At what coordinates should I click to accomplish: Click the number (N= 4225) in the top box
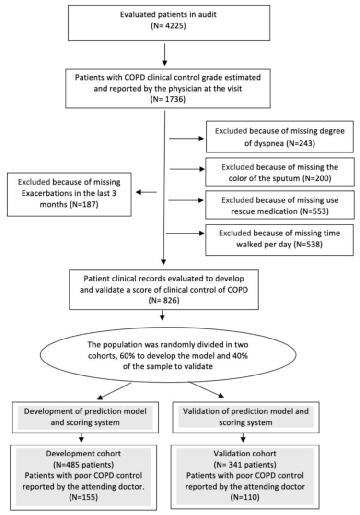168,25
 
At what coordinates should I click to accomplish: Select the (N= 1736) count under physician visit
168,99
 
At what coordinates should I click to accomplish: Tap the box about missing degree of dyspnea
279,137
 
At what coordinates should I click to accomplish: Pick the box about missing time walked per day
279,240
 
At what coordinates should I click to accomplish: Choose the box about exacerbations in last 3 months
70,194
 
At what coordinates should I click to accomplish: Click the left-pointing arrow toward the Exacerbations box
147,192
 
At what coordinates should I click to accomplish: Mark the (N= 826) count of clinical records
164,301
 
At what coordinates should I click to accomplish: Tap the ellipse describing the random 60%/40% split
168,355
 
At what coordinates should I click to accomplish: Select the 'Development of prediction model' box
85,417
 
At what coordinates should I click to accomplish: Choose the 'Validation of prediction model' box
246,417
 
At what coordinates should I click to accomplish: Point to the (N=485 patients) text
83,465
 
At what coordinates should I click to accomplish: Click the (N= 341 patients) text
245,465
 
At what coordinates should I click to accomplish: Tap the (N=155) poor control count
83,497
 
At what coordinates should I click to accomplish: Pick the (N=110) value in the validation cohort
245,497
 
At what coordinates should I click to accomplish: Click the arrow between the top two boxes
164,54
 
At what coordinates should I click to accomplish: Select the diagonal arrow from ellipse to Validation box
206,389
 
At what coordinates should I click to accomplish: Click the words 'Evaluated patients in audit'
168,15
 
